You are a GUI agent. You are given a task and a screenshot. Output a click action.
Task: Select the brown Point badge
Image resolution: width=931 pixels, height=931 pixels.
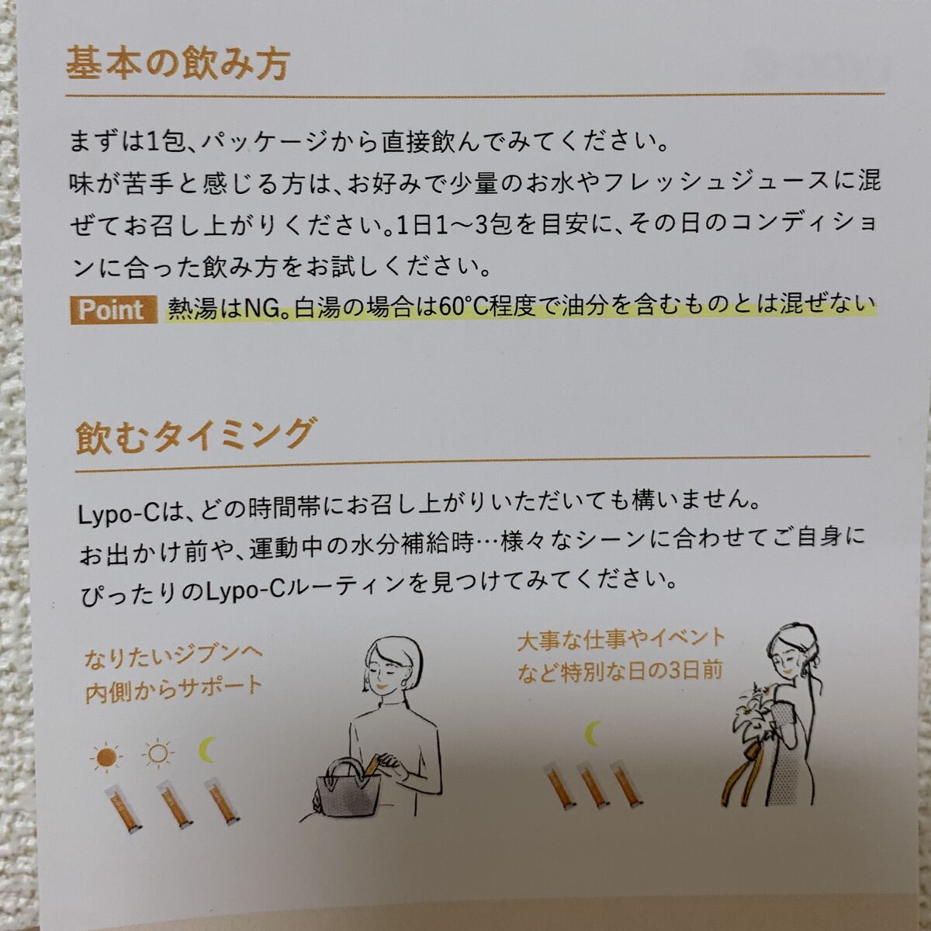114,310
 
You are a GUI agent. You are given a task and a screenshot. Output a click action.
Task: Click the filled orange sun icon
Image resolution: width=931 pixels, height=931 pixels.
106,757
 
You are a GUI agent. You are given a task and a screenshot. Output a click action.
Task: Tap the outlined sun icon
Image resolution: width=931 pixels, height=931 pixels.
158,753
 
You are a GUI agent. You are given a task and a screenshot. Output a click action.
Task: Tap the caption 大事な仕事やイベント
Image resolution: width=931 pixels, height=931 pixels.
621,639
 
